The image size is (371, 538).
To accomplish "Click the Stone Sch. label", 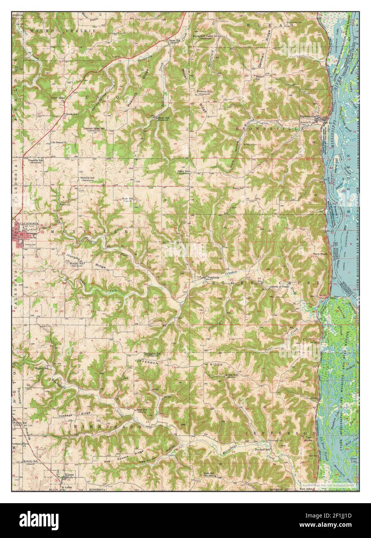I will [173, 40].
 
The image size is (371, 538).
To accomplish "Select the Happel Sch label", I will [262, 76].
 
